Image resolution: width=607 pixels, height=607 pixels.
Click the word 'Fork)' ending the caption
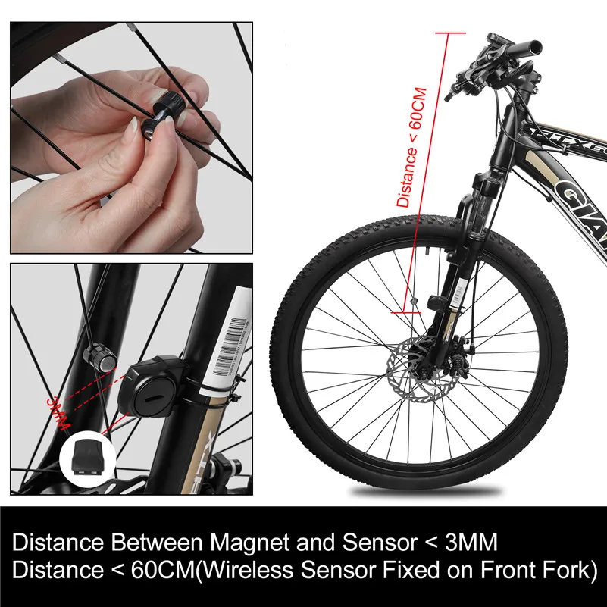click(568, 568)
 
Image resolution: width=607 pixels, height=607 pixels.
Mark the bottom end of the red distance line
click(405, 310)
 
